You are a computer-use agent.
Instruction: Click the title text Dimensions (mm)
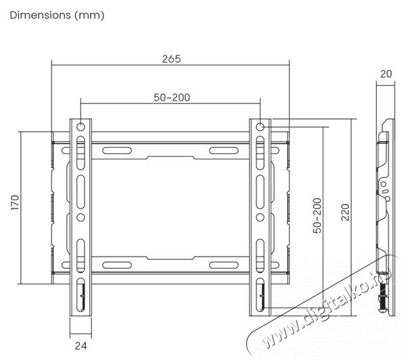[x=57, y=15]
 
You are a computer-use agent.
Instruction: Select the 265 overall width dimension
[x=171, y=59]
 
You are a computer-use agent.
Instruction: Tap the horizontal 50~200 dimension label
[x=171, y=97]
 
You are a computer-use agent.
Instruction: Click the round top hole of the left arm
[x=81, y=126]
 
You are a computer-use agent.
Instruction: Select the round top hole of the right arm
[x=261, y=126]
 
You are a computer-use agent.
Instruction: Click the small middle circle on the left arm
[x=81, y=217]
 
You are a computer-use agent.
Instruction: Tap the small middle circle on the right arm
[x=261, y=217]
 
